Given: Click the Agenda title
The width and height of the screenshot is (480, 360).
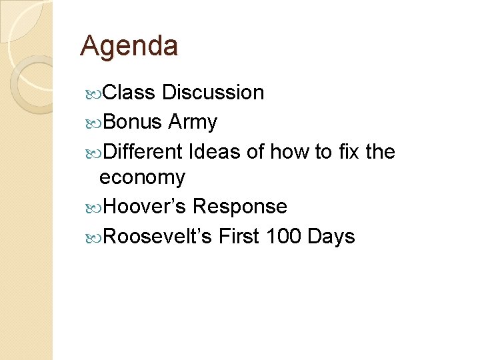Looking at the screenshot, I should (129, 47).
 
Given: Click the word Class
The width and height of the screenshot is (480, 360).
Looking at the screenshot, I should (129, 93).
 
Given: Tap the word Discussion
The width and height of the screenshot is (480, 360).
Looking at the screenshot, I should (213, 93).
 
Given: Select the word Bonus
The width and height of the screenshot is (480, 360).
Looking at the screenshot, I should (133, 122).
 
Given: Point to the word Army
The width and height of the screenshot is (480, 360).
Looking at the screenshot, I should (193, 123).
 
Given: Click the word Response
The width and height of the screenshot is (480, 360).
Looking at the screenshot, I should (239, 207).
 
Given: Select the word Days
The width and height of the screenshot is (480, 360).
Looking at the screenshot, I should (331, 237).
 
